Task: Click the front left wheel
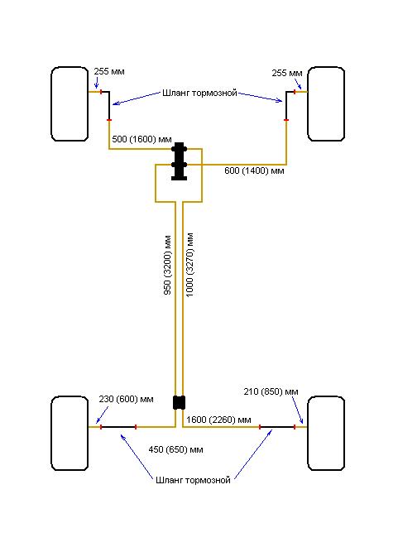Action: point(70,104)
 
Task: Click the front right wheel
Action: point(326,104)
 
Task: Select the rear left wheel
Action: point(70,434)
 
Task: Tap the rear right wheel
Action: point(326,434)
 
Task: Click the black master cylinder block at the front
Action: point(180,161)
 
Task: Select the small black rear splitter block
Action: point(180,402)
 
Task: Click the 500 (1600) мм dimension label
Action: point(141,140)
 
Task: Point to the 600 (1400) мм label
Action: point(254,171)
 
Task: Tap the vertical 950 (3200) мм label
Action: point(167,265)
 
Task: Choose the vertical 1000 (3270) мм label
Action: point(189,265)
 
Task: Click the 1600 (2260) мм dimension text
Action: point(218,420)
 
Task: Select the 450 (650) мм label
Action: point(175,449)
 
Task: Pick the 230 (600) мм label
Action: point(126,399)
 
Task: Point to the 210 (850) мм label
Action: point(271,391)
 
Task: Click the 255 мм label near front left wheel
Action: point(109,71)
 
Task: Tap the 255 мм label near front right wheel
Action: point(287,74)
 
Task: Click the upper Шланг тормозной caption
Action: point(199,94)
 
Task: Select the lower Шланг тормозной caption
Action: point(193,480)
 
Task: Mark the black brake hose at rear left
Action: point(118,427)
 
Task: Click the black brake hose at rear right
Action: point(277,427)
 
